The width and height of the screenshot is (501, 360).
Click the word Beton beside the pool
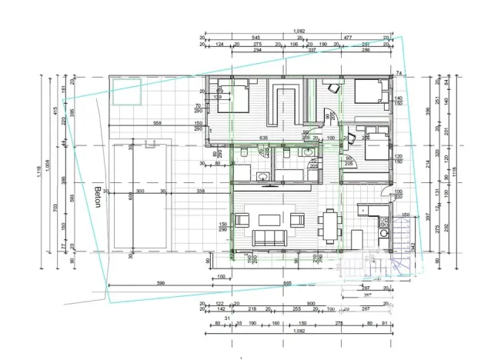(98, 197)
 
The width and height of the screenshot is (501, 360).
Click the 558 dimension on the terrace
(157, 123)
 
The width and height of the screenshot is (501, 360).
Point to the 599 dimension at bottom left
(161, 284)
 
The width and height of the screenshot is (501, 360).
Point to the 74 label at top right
(399, 73)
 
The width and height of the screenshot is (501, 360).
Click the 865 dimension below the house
(286, 284)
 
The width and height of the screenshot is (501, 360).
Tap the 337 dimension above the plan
(312, 51)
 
